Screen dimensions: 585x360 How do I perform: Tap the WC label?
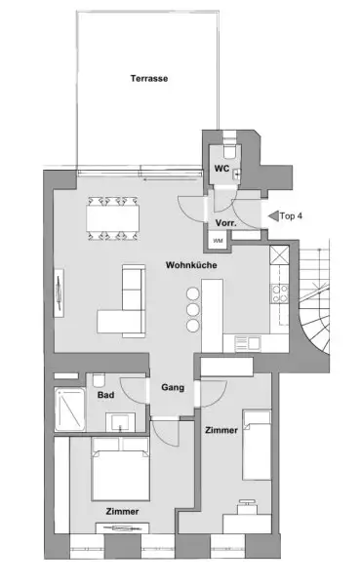click(221, 169)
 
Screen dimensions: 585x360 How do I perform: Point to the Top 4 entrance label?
click(292, 215)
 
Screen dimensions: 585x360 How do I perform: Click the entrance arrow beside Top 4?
click(272, 215)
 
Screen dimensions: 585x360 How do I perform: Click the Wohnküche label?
click(190, 264)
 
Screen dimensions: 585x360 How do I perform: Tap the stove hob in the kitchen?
click(280, 292)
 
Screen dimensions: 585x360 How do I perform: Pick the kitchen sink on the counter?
click(246, 342)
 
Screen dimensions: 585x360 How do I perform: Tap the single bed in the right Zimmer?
click(257, 445)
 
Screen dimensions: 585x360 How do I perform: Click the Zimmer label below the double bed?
click(122, 511)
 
